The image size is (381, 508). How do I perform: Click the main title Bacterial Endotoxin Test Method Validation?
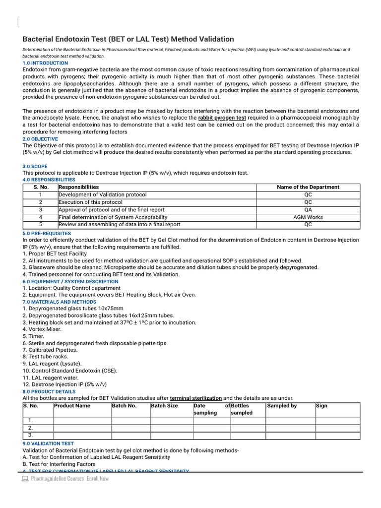128,39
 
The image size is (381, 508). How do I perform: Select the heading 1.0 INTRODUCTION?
46,63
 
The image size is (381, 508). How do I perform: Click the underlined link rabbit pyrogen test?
222,118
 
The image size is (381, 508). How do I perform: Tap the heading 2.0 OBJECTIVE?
40,139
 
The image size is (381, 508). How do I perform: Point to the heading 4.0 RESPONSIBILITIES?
49,180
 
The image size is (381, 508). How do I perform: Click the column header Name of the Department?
308,187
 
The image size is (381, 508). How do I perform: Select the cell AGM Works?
308,217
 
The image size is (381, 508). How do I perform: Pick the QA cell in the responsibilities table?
308,210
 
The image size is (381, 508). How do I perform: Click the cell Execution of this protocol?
90,202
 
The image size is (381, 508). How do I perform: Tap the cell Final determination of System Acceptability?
113,217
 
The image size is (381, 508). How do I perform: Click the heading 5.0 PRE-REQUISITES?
47,233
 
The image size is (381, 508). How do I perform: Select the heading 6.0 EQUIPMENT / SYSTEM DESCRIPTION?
71,281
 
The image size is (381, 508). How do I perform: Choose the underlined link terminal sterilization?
195,398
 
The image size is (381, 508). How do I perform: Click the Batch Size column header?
164,406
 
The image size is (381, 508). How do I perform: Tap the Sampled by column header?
282,406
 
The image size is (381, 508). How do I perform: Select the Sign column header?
321,406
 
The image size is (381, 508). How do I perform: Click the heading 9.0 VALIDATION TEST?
48,444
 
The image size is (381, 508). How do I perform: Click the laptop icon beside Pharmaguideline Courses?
25,479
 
